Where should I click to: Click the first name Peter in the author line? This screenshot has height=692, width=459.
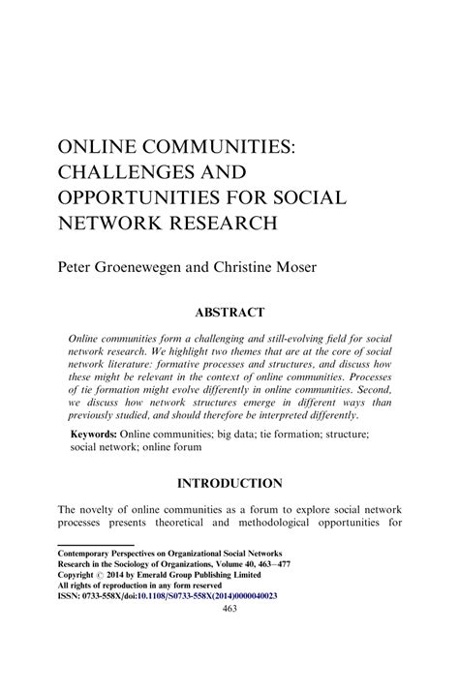[x=76, y=263]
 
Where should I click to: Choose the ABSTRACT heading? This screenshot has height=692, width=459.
[x=229, y=313]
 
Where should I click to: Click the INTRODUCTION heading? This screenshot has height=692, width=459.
[x=229, y=483]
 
